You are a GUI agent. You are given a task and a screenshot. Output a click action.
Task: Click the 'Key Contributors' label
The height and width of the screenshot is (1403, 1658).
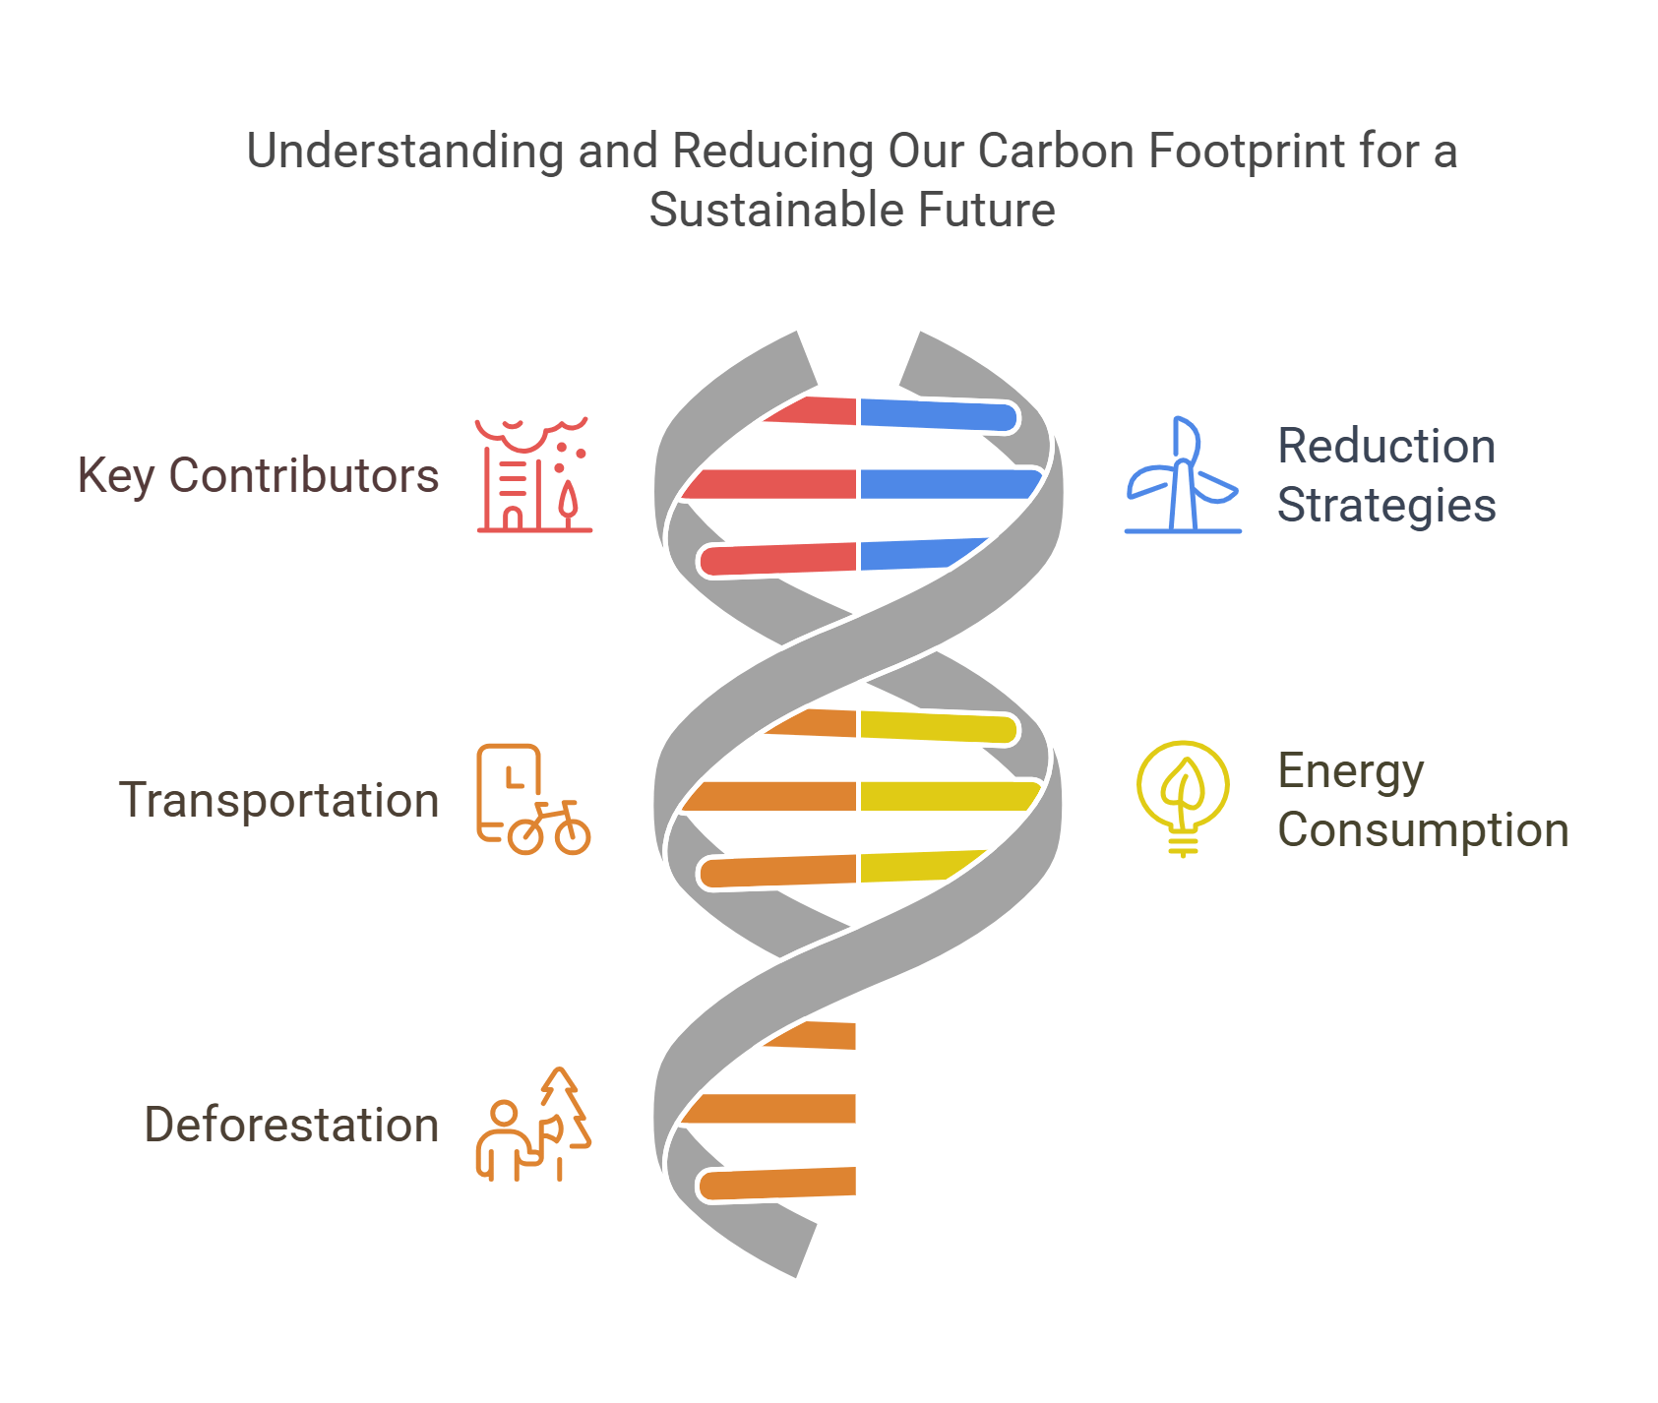258,475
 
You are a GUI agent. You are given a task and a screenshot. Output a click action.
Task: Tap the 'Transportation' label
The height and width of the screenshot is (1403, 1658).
278,800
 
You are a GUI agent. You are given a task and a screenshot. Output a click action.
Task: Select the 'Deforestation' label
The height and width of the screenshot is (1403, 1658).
291,1125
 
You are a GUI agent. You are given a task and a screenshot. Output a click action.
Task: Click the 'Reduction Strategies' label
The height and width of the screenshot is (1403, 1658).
1385,475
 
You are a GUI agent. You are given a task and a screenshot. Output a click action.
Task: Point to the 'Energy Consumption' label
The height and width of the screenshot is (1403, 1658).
1422,800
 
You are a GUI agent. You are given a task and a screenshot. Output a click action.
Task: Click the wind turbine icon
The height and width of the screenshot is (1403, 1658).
1182,476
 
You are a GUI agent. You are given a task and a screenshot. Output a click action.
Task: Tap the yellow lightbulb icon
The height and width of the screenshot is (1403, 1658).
1182,798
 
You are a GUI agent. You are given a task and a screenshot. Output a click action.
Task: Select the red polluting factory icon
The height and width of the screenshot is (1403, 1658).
533,475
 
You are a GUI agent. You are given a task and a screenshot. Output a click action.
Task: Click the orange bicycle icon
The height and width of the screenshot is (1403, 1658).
548,827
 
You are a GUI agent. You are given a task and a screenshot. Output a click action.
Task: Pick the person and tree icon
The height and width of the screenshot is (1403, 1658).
533,1125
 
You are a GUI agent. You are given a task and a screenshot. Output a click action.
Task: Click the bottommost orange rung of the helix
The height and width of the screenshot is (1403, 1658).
777,1184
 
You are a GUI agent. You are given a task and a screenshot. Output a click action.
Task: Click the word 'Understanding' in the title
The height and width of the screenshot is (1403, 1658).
403,152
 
